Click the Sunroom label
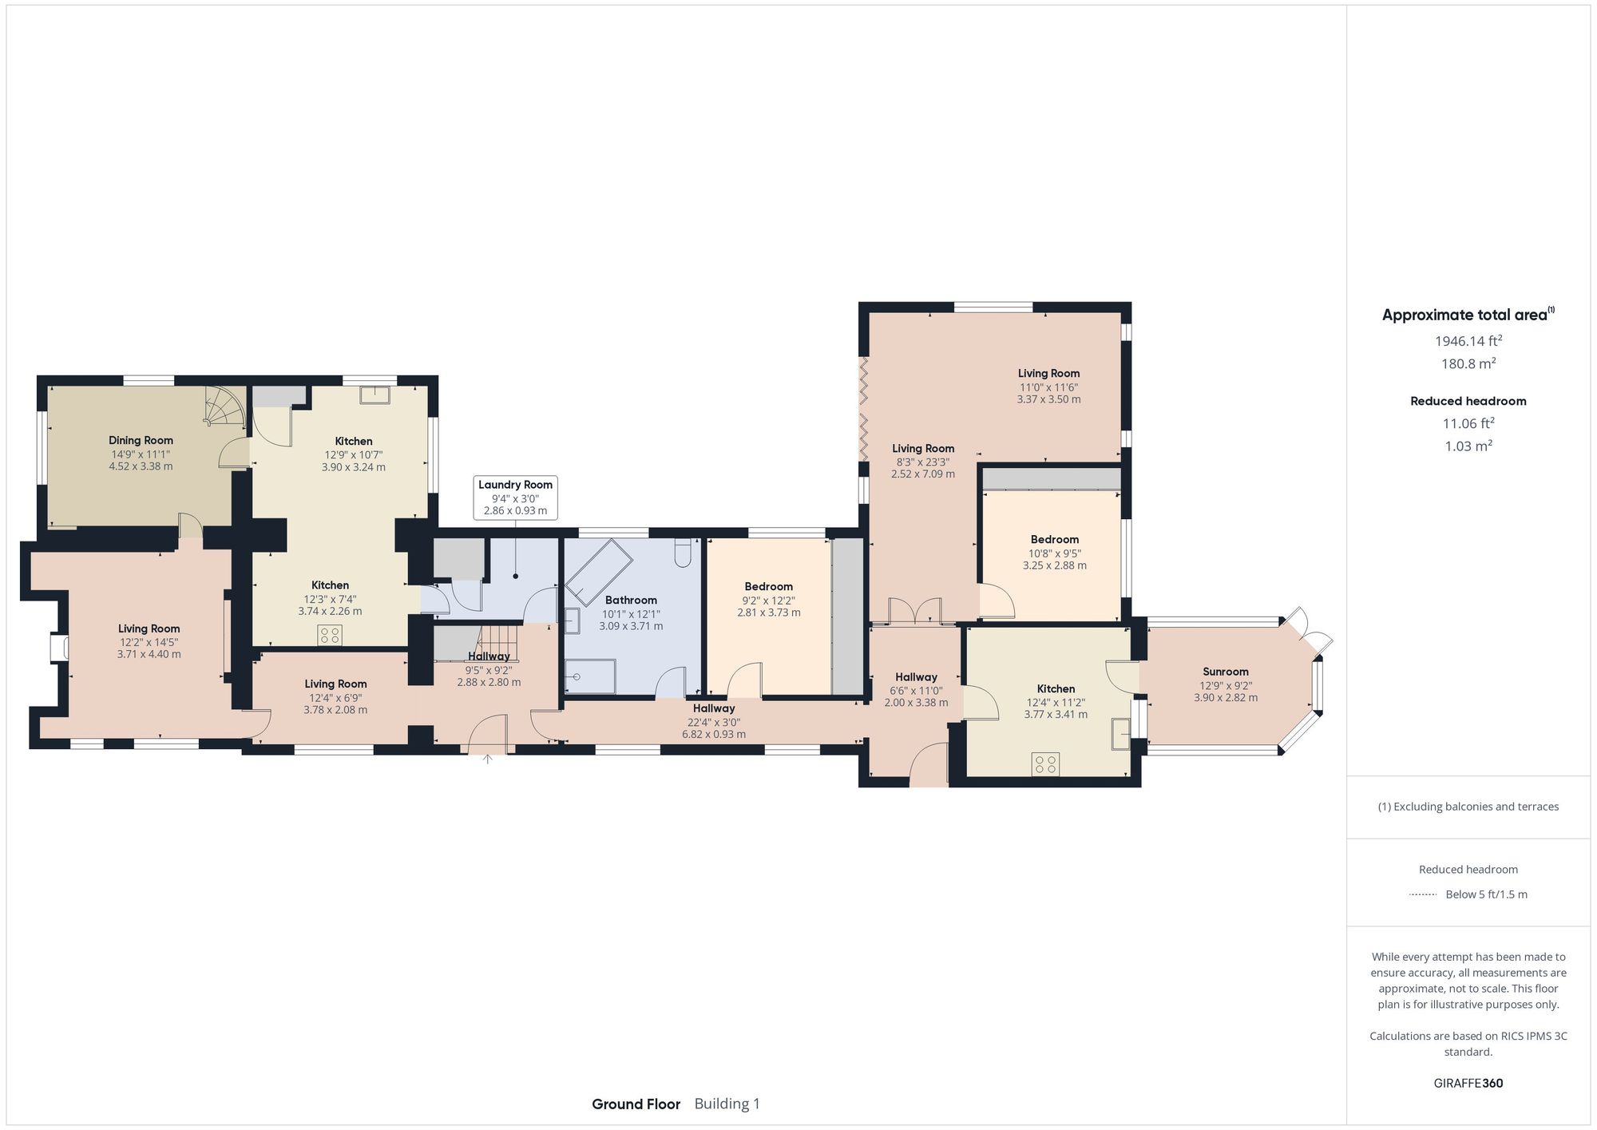click(1225, 672)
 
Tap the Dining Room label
click(141, 440)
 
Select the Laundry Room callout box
click(515, 498)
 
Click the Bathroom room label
click(631, 600)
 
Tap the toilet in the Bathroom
click(683, 553)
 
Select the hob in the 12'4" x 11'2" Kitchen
click(1045, 764)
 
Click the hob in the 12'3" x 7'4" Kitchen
click(330, 636)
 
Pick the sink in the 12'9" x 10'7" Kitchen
click(374, 395)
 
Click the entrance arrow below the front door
click(487, 759)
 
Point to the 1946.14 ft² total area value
click(1468, 341)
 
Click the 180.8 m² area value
click(1468, 363)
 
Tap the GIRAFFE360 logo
click(1468, 1083)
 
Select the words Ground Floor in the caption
click(636, 1104)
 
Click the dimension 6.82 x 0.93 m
click(713, 734)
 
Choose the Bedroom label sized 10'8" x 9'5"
click(1054, 539)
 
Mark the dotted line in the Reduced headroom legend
click(1423, 894)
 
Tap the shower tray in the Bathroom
click(591, 676)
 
